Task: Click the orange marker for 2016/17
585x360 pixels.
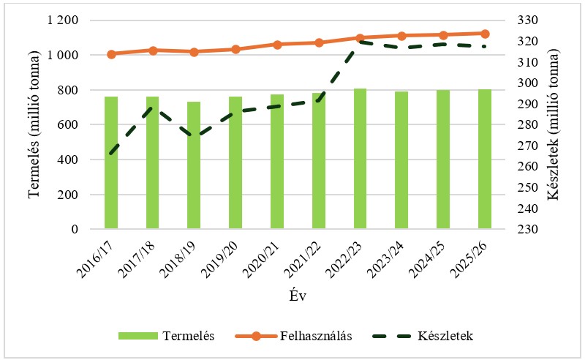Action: tap(111, 54)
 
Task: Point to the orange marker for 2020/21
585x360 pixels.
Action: tap(277, 45)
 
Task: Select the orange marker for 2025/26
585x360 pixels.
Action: tap(485, 34)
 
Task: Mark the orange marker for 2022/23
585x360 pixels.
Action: tap(361, 37)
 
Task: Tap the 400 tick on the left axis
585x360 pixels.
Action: tap(68, 160)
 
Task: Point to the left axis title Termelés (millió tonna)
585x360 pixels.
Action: tap(34, 124)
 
